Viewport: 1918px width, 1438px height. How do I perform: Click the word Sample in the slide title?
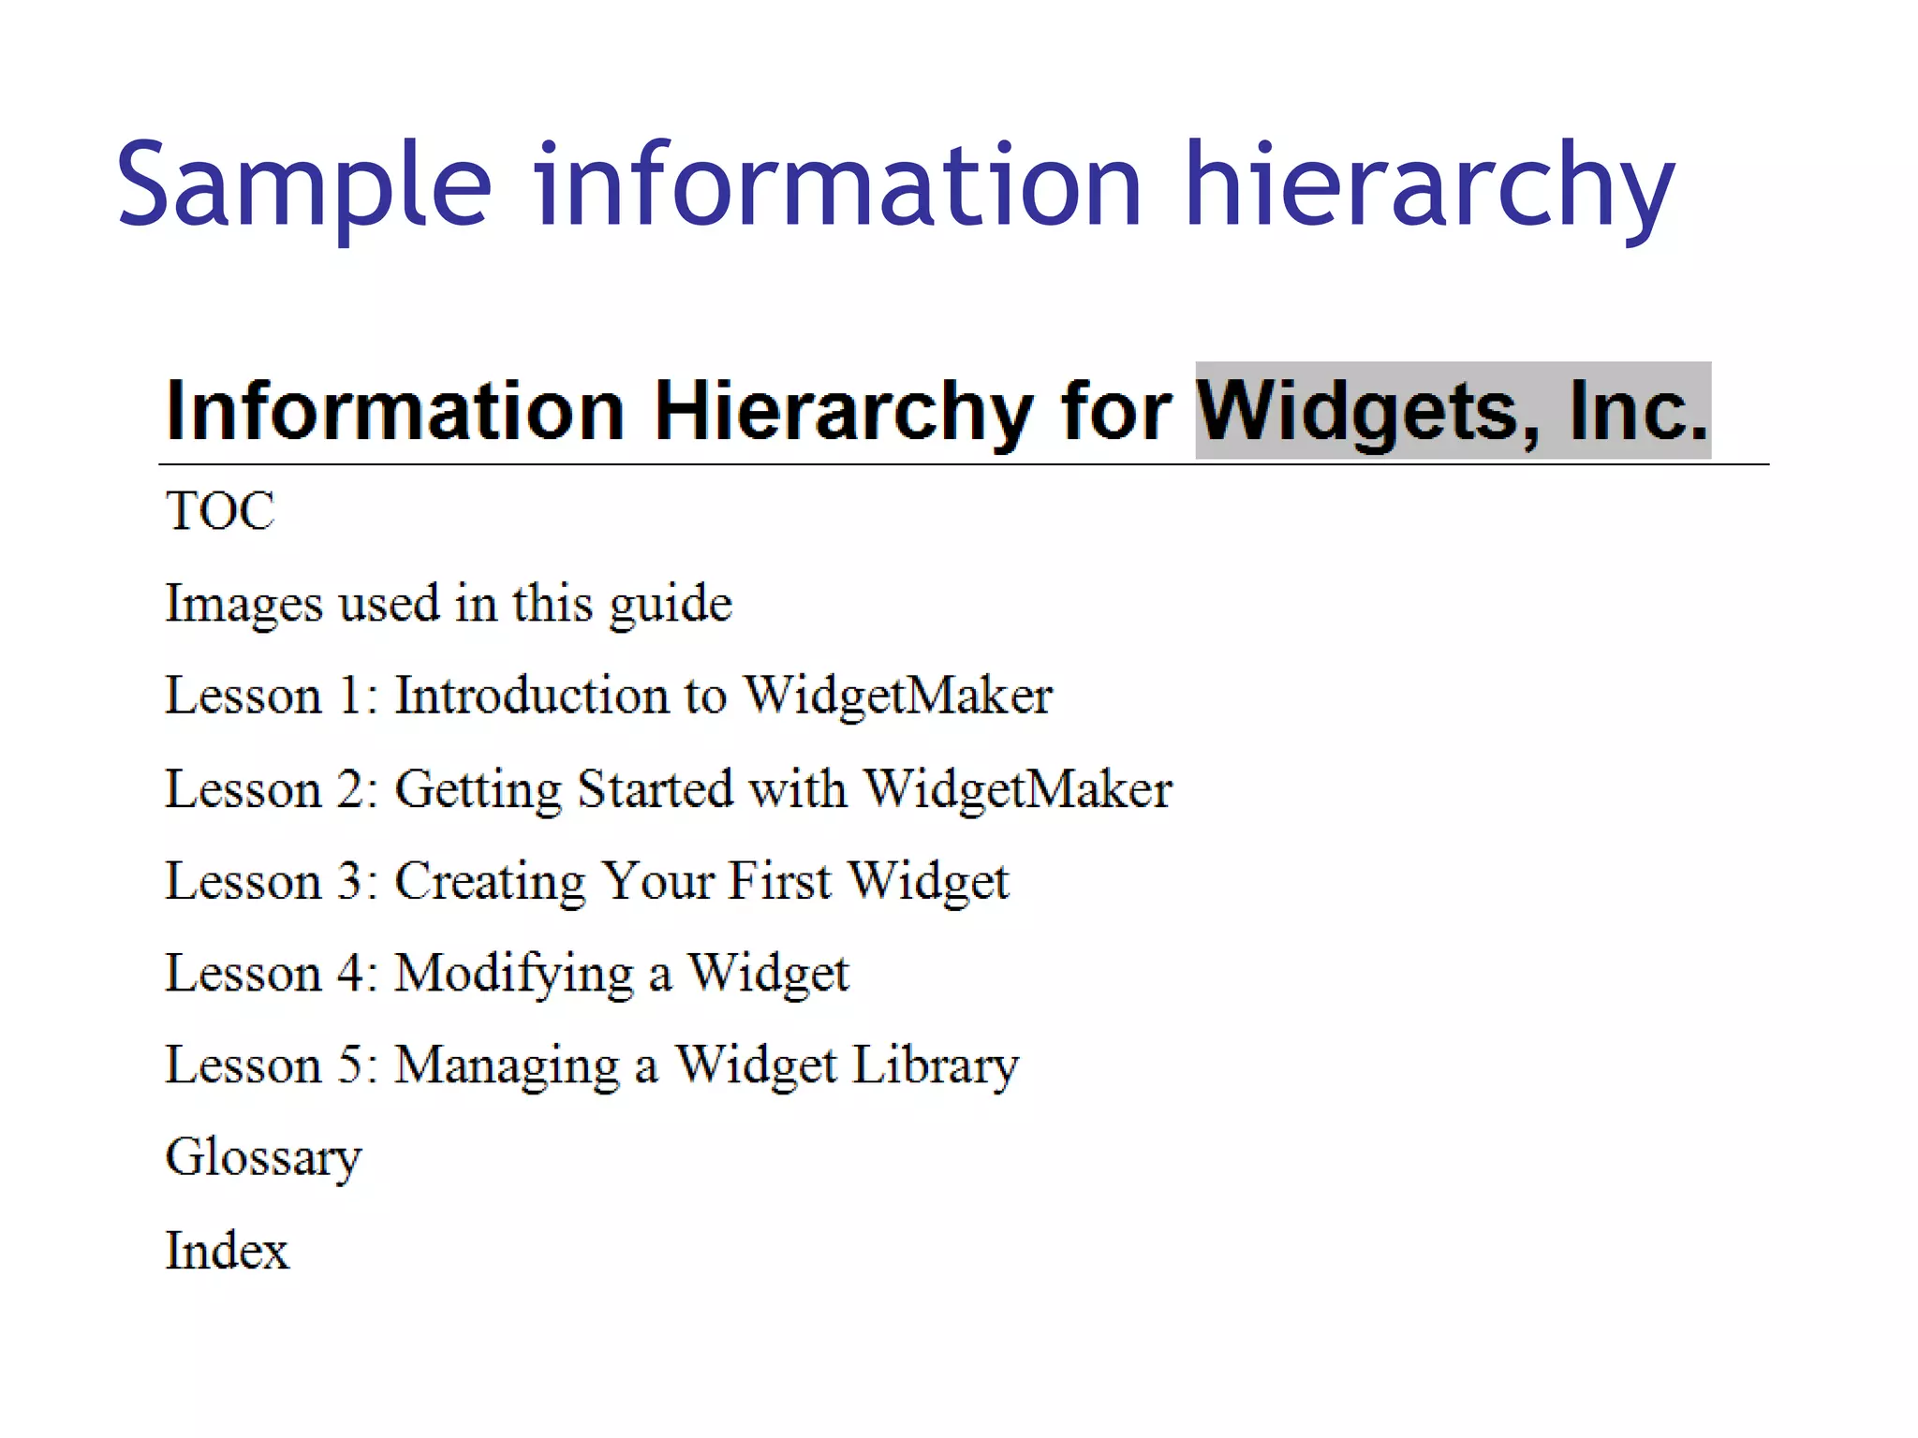click(303, 185)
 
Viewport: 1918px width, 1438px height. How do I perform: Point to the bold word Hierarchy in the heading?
click(843, 412)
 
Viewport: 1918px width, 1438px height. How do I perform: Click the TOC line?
click(220, 511)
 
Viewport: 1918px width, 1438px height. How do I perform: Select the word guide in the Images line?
click(671, 604)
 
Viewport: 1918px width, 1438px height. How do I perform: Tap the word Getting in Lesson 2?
click(478, 789)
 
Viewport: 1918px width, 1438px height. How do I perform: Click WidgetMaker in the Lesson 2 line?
click(1017, 788)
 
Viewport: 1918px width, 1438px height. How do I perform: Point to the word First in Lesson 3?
click(780, 881)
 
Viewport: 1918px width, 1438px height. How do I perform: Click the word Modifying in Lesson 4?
click(514, 974)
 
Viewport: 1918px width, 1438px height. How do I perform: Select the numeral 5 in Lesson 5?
click(349, 1065)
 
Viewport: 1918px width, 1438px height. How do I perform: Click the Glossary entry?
click(263, 1158)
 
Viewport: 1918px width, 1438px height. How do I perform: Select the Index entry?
click(228, 1251)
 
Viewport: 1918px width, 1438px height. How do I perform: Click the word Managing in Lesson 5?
click(507, 1065)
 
